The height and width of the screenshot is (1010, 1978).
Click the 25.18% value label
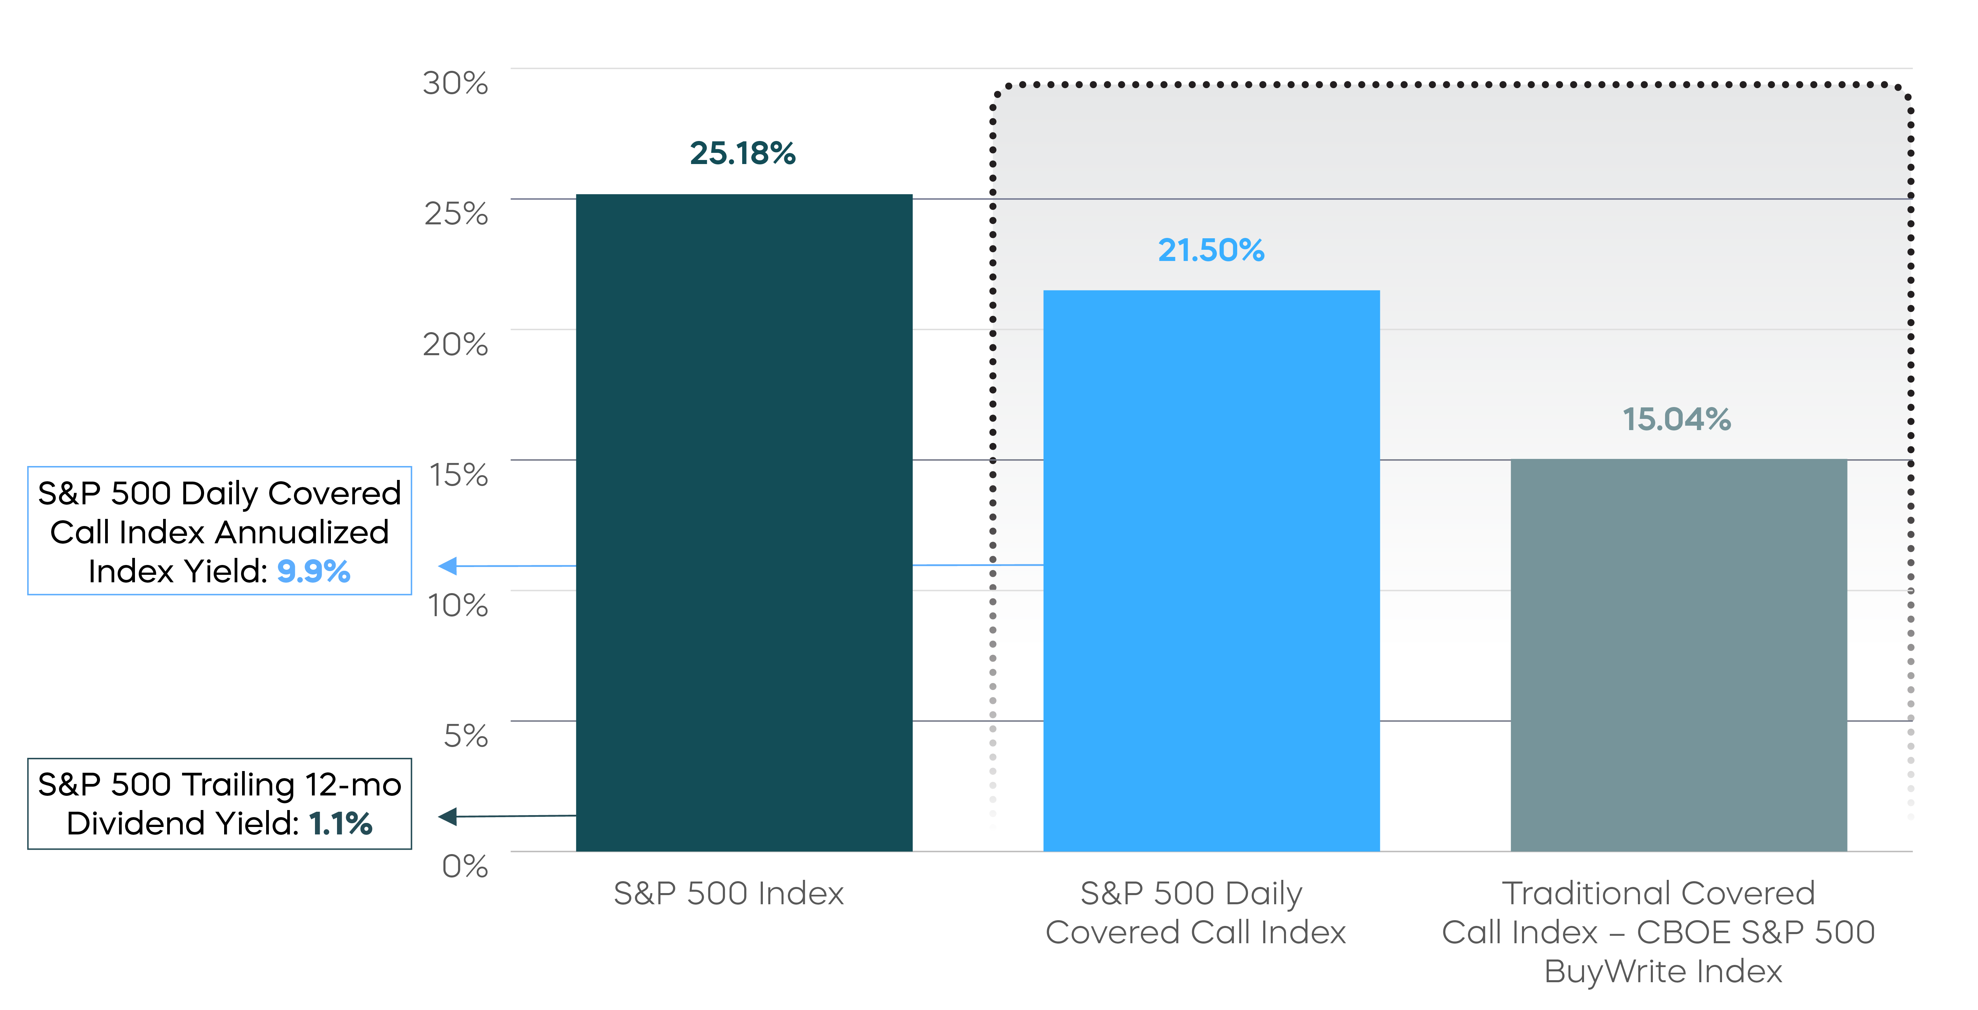click(743, 154)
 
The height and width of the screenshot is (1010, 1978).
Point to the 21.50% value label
click(1211, 250)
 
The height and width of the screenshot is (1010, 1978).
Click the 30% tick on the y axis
click(455, 83)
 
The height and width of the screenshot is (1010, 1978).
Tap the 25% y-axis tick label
click(456, 214)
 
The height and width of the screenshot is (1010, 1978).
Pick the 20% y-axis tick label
click(455, 345)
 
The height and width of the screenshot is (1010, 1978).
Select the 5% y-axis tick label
click(465, 736)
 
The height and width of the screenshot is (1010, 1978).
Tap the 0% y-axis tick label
click(464, 867)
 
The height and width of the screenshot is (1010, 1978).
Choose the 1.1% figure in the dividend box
click(340, 824)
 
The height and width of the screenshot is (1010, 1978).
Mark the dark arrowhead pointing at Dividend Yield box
click(448, 816)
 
